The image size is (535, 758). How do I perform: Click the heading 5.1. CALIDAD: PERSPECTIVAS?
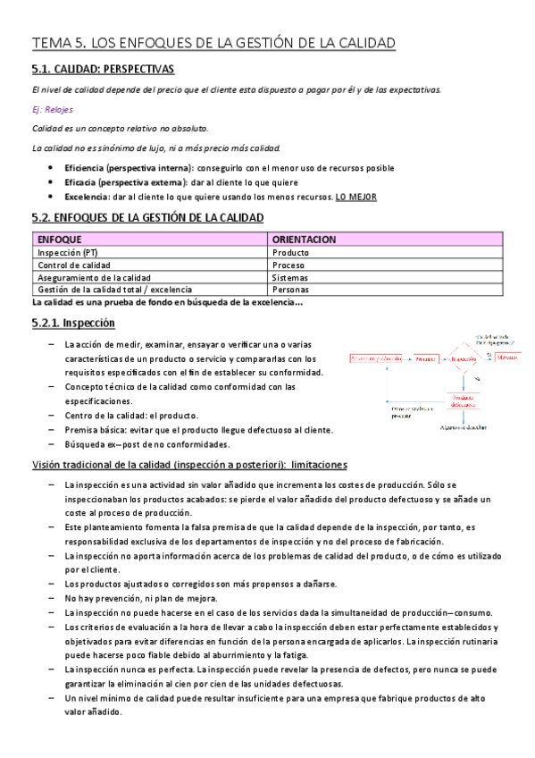103,69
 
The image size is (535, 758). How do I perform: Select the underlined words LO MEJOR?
355,197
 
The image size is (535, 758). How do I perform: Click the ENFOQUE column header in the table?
60,240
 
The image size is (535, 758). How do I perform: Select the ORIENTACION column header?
304,240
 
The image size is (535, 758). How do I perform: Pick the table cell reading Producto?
290,252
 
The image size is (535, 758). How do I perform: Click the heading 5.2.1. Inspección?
72,323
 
